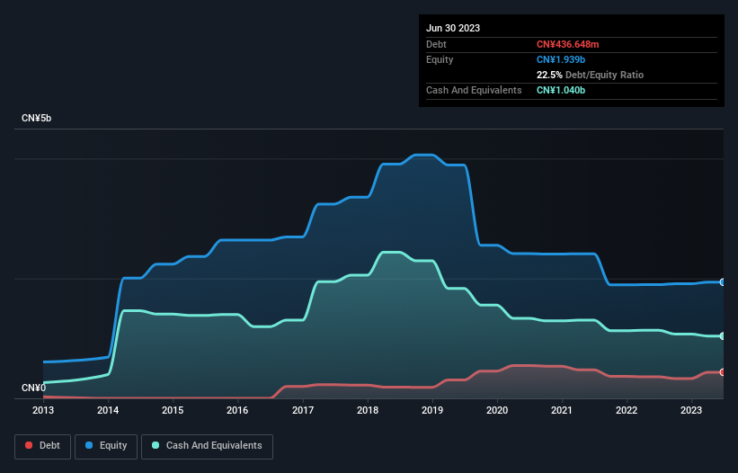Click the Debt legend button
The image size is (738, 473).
point(42,445)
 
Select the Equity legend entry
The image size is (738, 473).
point(107,445)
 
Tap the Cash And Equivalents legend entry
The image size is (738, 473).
point(207,445)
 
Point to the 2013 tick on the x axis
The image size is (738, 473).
point(43,411)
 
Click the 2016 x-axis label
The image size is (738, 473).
point(237,411)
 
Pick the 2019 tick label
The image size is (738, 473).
point(432,411)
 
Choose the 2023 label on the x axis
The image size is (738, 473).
point(691,411)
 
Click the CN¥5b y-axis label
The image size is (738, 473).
point(37,119)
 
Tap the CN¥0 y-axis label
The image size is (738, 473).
point(33,388)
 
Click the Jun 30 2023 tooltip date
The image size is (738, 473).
point(453,28)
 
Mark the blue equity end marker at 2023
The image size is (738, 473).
point(723,282)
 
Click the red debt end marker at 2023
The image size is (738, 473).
point(723,372)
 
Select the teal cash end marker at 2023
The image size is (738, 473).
point(723,336)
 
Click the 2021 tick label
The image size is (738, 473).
point(562,411)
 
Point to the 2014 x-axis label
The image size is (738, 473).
point(108,411)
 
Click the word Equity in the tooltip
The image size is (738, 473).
point(440,59)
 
